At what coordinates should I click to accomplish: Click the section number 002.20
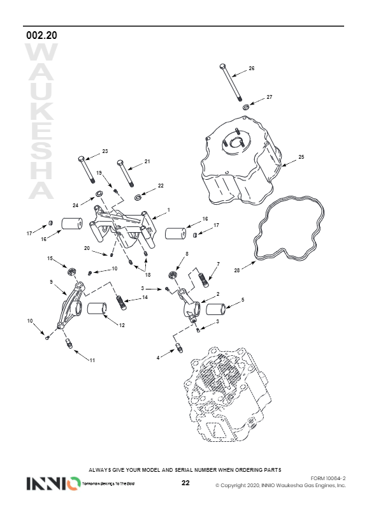point(41,35)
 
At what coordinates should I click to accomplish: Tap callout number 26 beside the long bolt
point(252,68)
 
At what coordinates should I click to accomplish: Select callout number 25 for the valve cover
point(301,157)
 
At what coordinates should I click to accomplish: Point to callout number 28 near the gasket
point(237,270)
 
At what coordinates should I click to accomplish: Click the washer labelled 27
point(246,106)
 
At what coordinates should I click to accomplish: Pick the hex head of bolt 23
point(81,159)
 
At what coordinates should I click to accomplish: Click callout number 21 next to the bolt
point(147,161)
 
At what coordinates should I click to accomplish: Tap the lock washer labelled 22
point(138,197)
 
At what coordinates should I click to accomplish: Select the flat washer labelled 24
point(99,194)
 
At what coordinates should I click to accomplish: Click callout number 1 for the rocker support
point(169,210)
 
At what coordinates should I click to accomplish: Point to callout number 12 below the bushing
point(122,325)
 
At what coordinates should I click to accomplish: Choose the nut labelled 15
point(71,272)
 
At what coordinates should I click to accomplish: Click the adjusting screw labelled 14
point(121,302)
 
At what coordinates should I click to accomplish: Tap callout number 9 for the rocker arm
point(51,282)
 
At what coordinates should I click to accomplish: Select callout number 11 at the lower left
point(92,360)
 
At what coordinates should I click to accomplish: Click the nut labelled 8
point(173,275)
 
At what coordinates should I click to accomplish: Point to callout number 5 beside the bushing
point(243,300)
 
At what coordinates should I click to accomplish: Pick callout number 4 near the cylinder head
point(158,358)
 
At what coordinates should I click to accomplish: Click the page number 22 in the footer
point(185,483)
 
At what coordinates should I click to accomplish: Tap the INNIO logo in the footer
point(54,483)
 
